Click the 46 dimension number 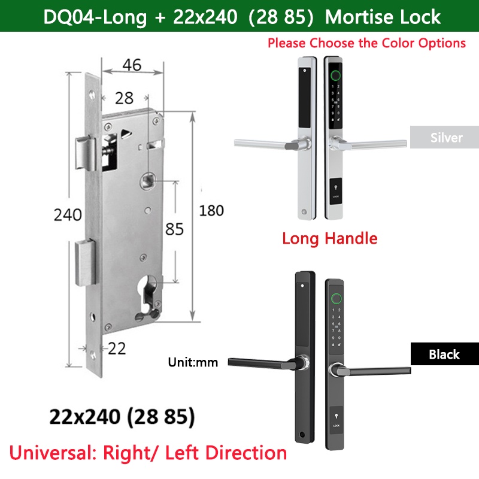pyautogui.click(x=132, y=65)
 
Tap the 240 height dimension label pyautogui.click(x=68, y=214)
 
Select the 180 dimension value pyautogui.click(x=211, y=211)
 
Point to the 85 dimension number pyautogui.click(x=174, y=229)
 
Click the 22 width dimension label pyautogui.click(x=117, y=348)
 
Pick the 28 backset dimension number pyautogui.click(x=124, y=98)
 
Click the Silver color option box pyautogui.click(x=444, y=137)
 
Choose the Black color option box pyautogui.click(x=445, y=354)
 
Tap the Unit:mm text pyautogui.click(x=193, y=362)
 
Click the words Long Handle pyautogui.click(x=330, y=238)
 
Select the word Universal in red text pyautogui.click(x=53, y=453)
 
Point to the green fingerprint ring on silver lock pyautogui.click(x=336, y=75)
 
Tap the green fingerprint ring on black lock pyautogui.click(x=336, y=298)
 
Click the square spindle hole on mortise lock pyautogui.click(x=148, y=181)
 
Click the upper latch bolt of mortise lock pyautogui.click(x=86, y=153)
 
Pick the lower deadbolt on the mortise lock pyautogui.click(x=85, y=263)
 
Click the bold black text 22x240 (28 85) pyautogui.click(x=122, y=416)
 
